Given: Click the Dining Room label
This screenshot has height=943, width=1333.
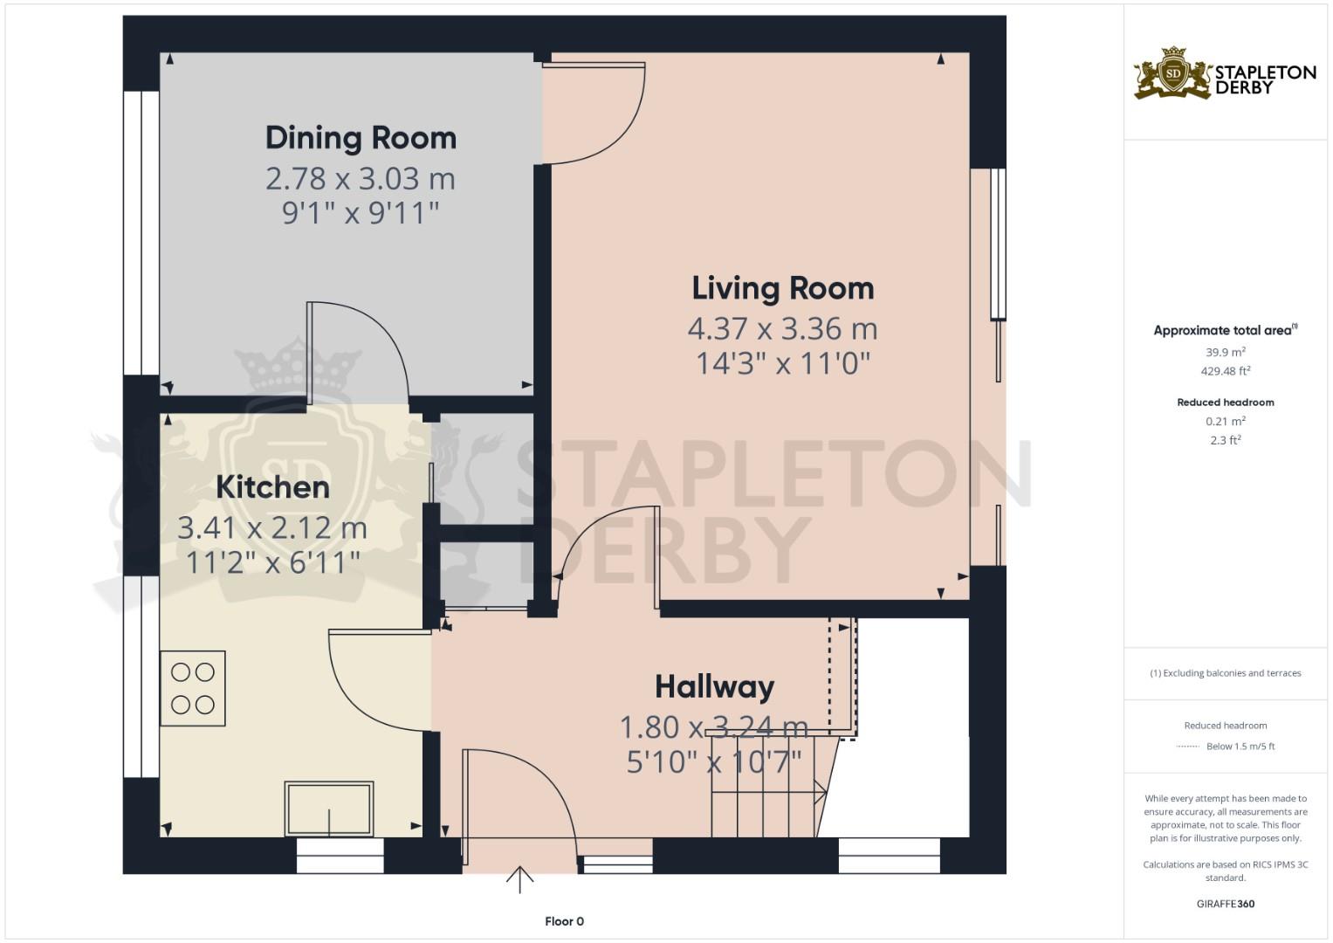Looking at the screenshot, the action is tap(361, 138).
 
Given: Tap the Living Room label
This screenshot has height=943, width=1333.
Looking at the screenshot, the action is tap(782, 288).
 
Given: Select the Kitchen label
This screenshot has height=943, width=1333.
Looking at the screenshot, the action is tap(272, 487).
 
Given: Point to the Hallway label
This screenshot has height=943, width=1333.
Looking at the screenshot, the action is tap(715, 687).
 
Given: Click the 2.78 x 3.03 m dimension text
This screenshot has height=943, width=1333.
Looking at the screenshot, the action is tap(361, 179).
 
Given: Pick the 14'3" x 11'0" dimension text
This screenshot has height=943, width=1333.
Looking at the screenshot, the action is tap(782, 363).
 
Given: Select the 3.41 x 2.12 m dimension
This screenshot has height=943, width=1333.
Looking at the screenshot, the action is tap(272, 528).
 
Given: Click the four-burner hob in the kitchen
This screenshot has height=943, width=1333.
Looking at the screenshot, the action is tap(193, 688).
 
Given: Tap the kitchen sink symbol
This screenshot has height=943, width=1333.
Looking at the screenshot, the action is tap(329, 809).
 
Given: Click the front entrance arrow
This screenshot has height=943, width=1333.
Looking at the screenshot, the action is tap(519, 880).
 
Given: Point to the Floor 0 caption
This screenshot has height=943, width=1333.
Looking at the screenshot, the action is tap(564, 921).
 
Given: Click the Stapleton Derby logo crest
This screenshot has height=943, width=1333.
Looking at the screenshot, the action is tap(1172, 74).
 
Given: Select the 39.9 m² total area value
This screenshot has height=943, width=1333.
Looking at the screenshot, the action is tap(1226, 352).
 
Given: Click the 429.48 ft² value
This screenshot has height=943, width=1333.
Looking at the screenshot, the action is tap(1226, 371).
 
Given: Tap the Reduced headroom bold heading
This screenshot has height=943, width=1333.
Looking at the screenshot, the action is tap(1226, 403).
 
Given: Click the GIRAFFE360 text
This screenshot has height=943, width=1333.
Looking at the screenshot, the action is tap(1226, 904).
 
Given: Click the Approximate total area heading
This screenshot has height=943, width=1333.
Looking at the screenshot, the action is tap(1226, 330).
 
